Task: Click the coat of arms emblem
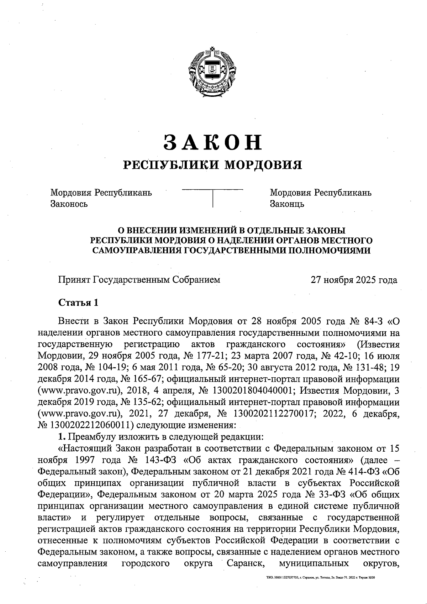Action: pyautogui.click(x=212, y=68)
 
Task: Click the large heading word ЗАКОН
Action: pyautogui.click(x=213, y=142)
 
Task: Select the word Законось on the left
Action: pyautogui.click(x=69, y=204)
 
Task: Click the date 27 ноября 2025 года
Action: pyautogui.click(x=354, y=280)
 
